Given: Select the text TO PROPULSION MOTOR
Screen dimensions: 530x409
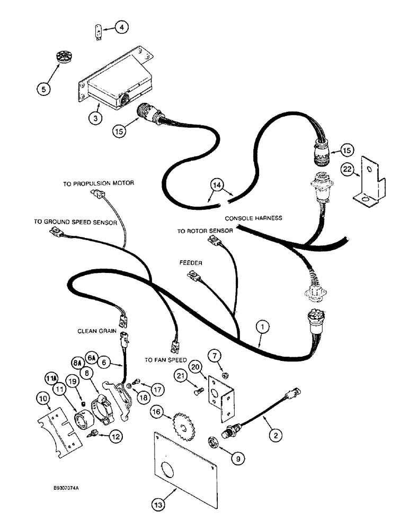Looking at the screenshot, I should click(x=99, y=183).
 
